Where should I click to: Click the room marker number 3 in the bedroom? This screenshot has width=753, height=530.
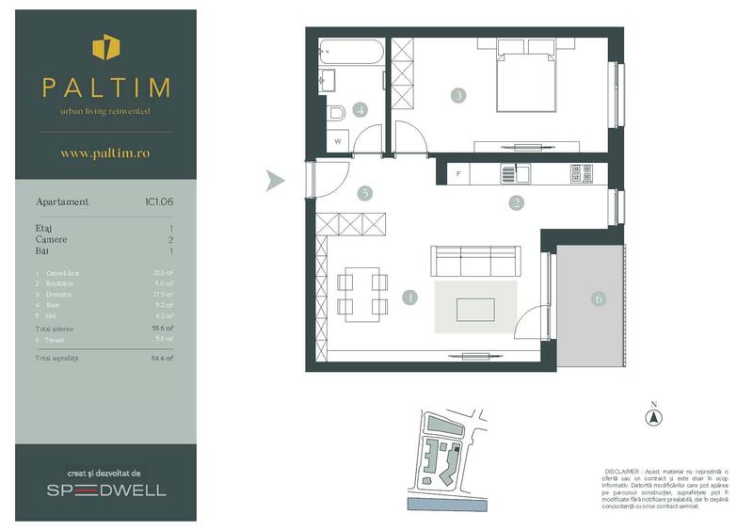click(457, 95)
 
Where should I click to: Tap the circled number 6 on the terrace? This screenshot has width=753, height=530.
click(599, 299)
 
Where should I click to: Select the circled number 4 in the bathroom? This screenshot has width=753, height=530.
click(360, 110)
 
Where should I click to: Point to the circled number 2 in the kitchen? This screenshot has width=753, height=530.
click(517, 202)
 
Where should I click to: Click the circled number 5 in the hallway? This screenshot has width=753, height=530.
click(365, 194)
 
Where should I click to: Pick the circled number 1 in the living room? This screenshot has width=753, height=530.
click(409, 297)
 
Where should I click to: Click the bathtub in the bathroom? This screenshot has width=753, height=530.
click(351, 53)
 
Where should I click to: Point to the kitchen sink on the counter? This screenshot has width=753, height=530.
click(515, 173)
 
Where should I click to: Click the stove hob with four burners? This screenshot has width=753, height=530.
click(582, 173)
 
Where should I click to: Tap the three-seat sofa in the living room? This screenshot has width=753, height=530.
click(475, 260)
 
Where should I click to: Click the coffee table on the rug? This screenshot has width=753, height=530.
click(475, 308)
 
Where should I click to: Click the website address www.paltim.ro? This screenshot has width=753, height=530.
click(106, 152)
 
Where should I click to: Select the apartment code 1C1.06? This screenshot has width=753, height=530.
click(158, 201)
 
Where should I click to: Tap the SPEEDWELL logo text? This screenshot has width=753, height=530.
click(106, 490)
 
